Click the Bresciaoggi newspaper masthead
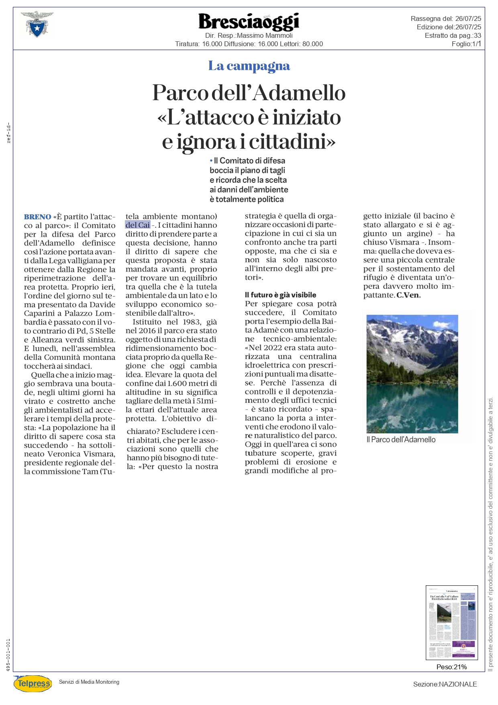[x=249, y=22]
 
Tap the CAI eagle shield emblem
[x=37, y=25]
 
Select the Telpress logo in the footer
[x=33, y=683]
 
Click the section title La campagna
[x=249, y=66]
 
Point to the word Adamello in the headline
[x=300, y=93]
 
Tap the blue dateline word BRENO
[x=38, y=217]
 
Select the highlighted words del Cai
[x=138, y=225]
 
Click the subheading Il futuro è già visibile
[x=280, y=295]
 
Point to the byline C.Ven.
[x=408, y=295]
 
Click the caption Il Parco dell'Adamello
[x=401, y=439]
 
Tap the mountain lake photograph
[x=412, y=374]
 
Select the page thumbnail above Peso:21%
[x=452, y=623]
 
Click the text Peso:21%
[x=451, y=667]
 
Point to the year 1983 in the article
[x=191, y=322]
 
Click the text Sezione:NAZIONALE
[x=445, y=684]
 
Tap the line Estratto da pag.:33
[x=453, y=35]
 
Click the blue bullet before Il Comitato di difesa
[x=211, y=161]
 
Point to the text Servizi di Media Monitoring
[x=89, y=682]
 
